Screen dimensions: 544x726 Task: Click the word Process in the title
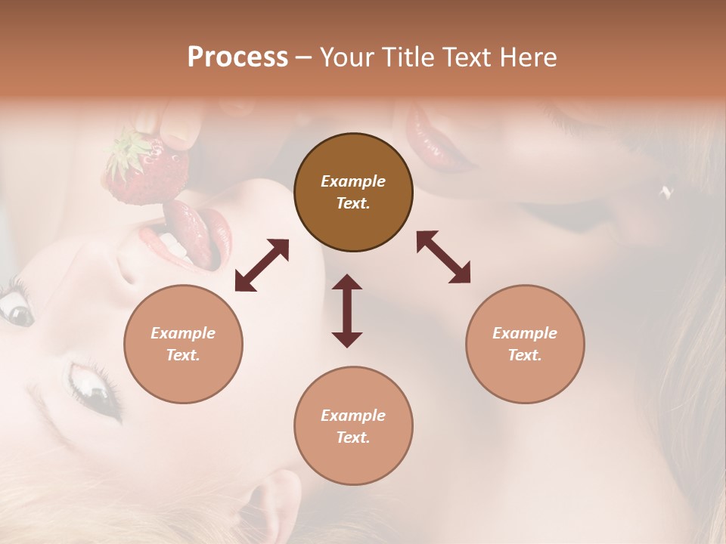(237, 57)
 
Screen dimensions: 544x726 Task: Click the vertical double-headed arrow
(347, 311)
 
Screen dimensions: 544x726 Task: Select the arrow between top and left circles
(262, 265)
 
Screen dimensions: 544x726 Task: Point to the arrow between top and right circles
(443, 258)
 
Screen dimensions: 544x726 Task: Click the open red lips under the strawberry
(189, 234)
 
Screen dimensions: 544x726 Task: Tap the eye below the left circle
(95, 385)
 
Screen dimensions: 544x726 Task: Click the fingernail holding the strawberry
(182, 137)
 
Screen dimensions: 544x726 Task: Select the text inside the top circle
(353, 192)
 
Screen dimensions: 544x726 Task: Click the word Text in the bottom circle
(353, 437)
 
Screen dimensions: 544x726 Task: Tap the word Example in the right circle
(525, 333)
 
